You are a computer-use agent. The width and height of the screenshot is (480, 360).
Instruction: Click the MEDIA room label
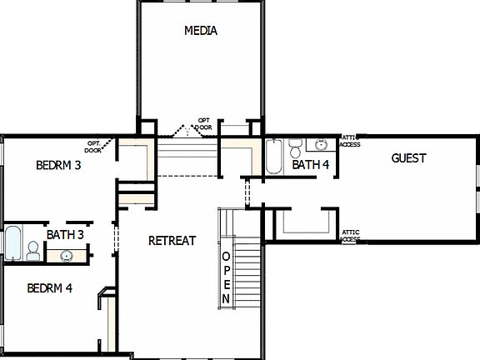[200, 32]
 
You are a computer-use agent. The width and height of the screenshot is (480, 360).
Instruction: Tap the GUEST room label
[408, 158]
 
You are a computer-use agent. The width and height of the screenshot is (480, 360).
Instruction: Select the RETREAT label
[172, 241]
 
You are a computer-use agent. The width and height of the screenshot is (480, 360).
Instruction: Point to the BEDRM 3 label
[58, 166]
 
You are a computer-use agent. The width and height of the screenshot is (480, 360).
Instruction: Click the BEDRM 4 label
[49, 289]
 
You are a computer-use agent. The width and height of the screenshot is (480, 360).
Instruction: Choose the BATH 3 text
[65, 235]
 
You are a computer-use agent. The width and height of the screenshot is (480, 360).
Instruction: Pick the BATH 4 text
[311, 165]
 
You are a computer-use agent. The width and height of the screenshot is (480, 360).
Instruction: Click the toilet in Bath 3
[32, 250]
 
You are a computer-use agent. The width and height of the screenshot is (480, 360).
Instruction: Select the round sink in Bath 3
[66, 255]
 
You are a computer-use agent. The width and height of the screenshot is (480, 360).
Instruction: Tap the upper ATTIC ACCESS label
[350, 141]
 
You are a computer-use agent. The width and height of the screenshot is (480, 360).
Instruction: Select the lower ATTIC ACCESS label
[350, 236]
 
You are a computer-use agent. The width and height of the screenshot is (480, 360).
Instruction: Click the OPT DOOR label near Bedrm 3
[93, 147]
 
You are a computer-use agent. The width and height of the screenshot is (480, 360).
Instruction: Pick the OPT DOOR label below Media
[203, 123]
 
